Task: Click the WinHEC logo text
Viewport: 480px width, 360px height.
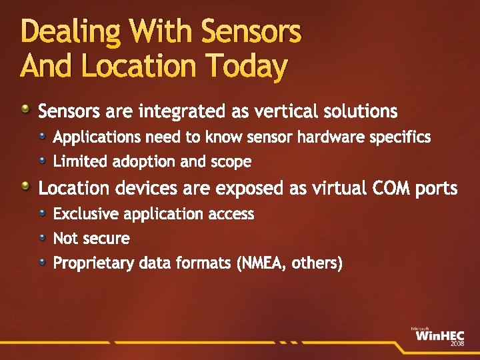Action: tap(437, 336)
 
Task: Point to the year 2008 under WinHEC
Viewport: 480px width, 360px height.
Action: tap(457, 344)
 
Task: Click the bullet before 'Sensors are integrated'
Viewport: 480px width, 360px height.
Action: tap(25, 108)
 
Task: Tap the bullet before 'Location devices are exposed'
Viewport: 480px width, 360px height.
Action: tap(25, 187)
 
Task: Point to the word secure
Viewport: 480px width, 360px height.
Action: tap(106, 238)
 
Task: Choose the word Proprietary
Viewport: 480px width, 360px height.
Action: tap(93, 264)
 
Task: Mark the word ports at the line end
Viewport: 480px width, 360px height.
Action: tap(436, 189)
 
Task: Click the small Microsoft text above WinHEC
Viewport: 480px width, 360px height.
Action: tap(420, 328)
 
